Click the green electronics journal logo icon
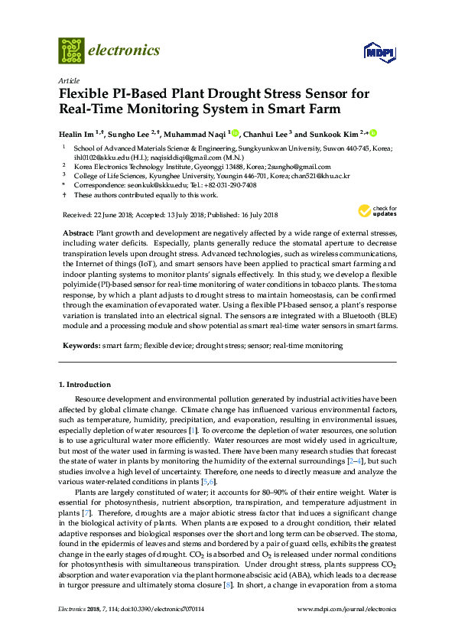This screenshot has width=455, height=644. [x=71, y=50]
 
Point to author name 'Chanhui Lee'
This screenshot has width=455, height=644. [x=267, y=132]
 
